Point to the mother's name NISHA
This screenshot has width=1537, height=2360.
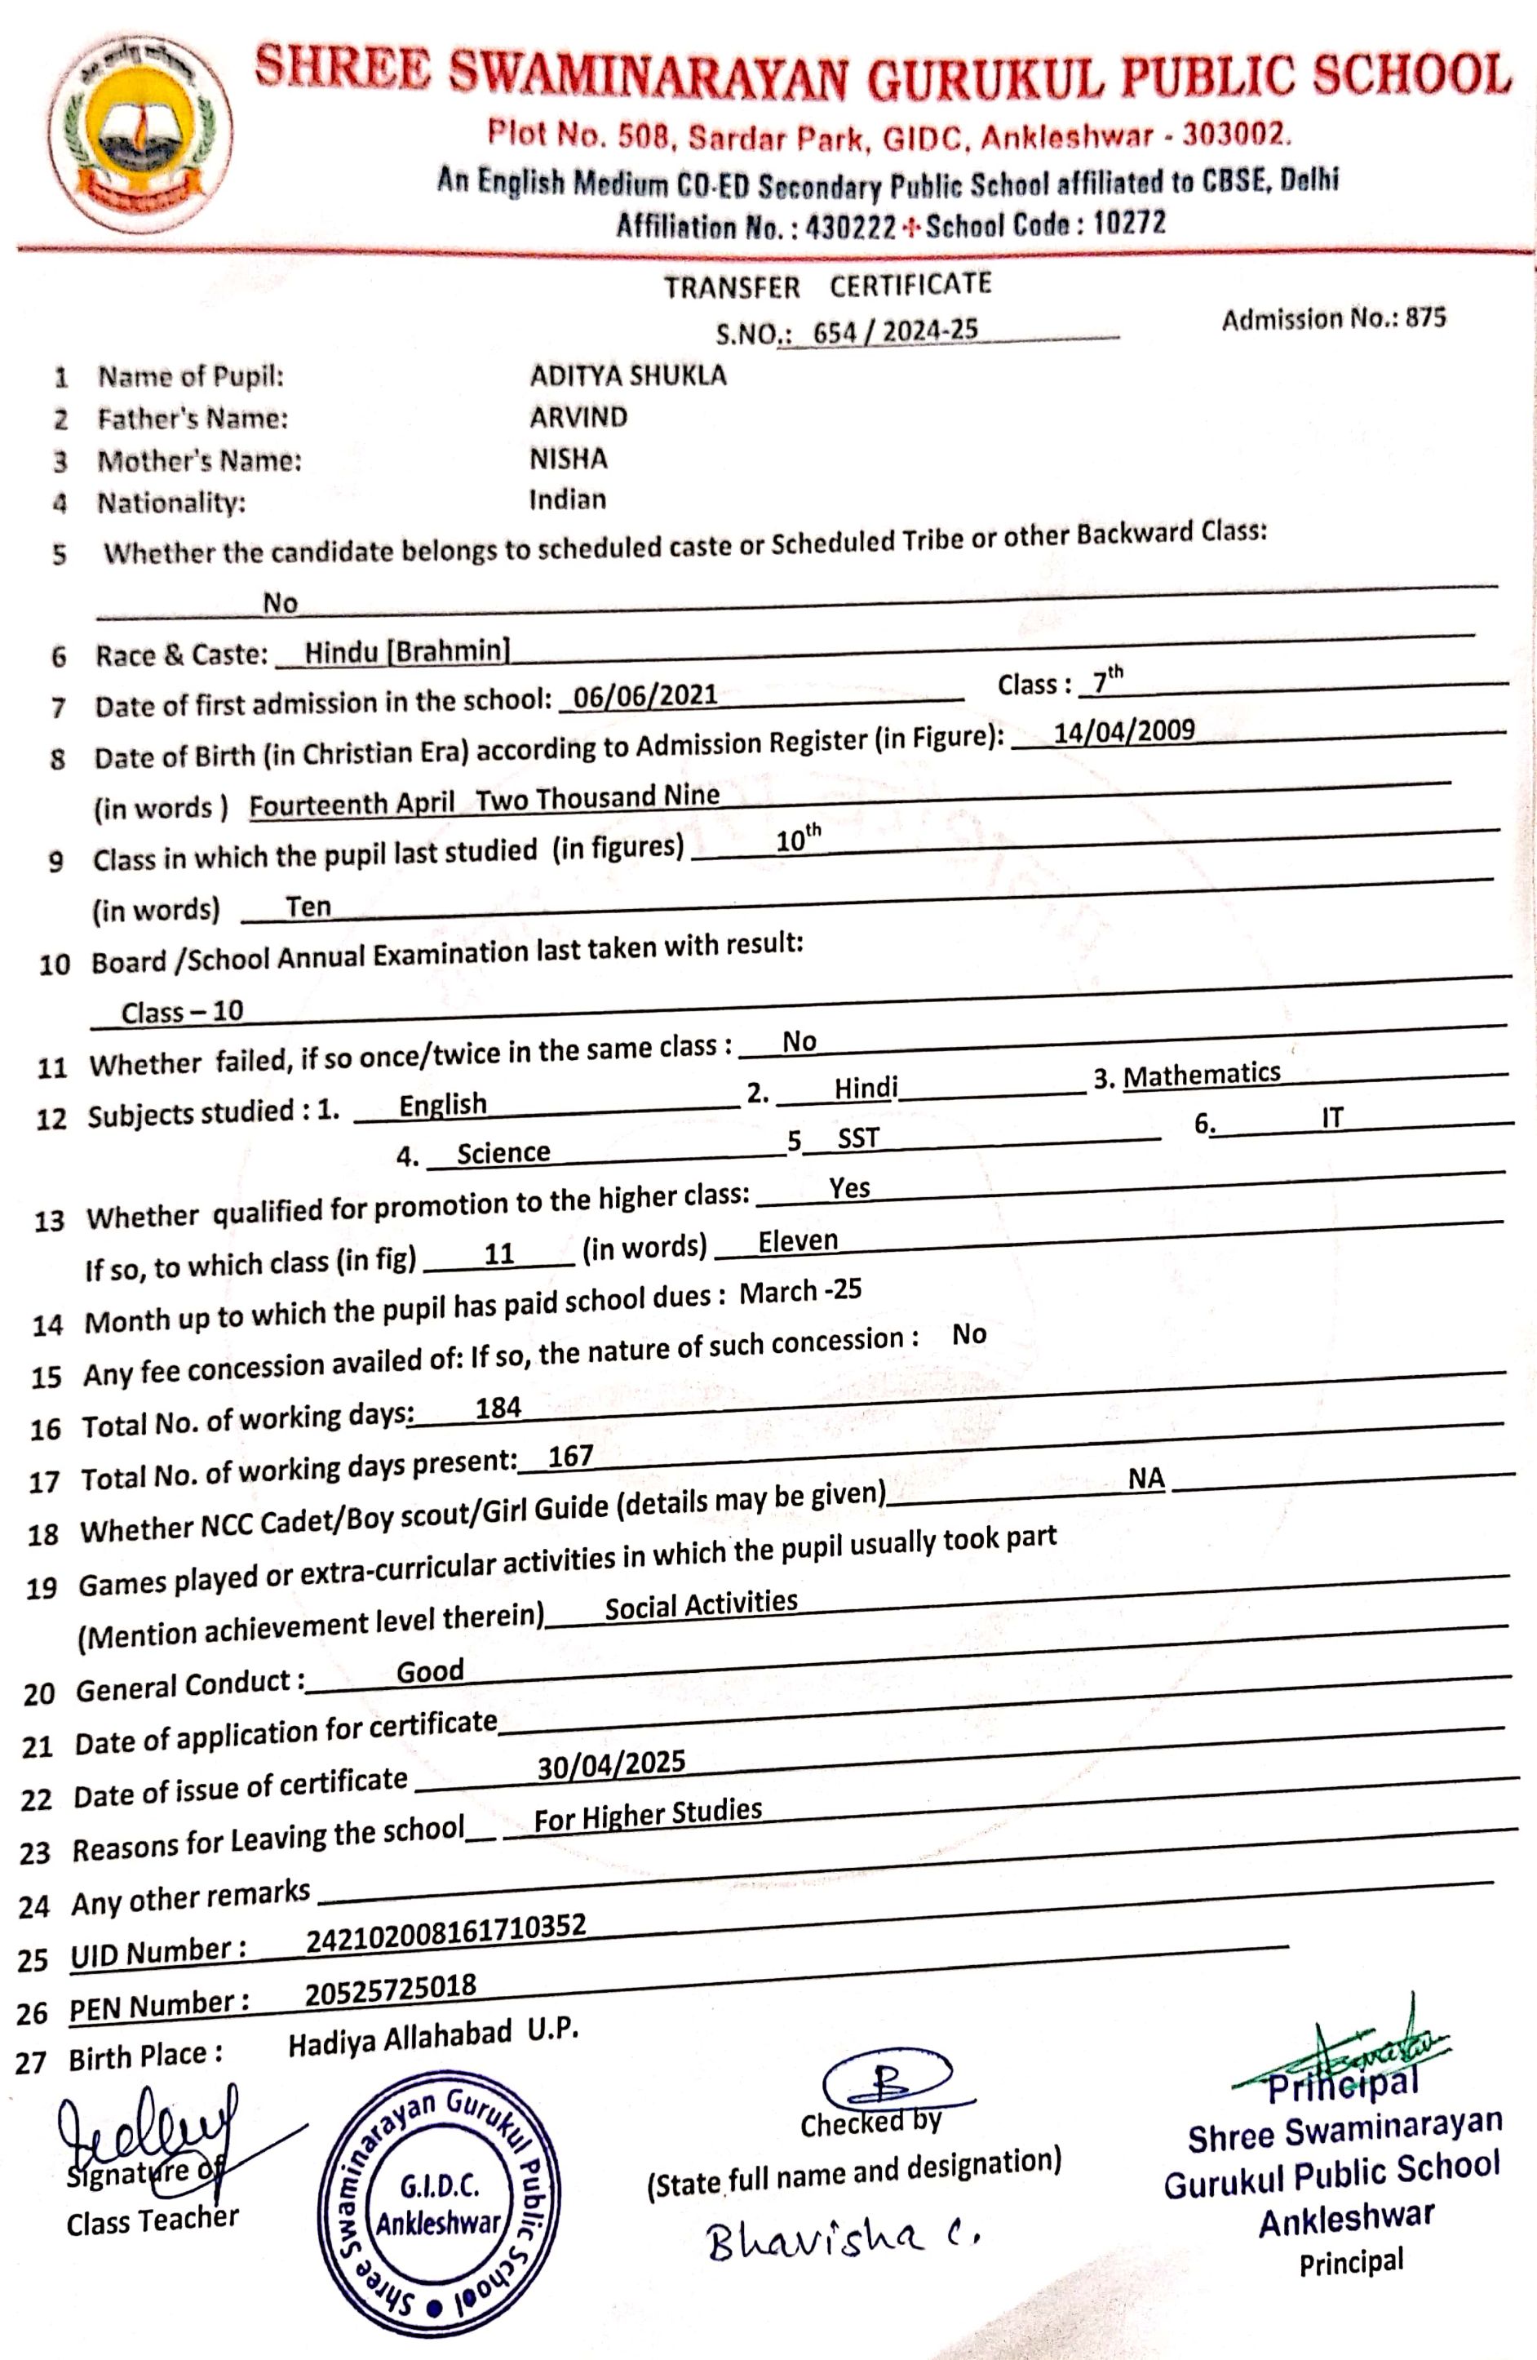pyautogui.click(x=568, y=458)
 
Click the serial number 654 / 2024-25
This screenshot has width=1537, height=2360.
pyautogui.click(x=894, y=331)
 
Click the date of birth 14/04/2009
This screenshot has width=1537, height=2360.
pyautogui.click(x=1123, y=732)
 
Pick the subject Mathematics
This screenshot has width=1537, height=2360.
pyautogui.click(x=1201, y=1074)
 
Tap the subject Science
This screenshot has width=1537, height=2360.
pyautogui.click(x=503, y=1152)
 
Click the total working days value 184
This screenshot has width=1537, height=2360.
pyautogui.click(x=498, y=1407)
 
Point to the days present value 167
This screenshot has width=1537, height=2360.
pyautogui.click(x=570, y=1457)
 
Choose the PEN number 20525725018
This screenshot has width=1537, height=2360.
pyautogui.click(x=390, y=1988)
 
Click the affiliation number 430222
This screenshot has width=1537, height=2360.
pyautogui.click(x=851, y=227)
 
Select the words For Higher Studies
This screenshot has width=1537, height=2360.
pyautogui.click(x=648, y=1815)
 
